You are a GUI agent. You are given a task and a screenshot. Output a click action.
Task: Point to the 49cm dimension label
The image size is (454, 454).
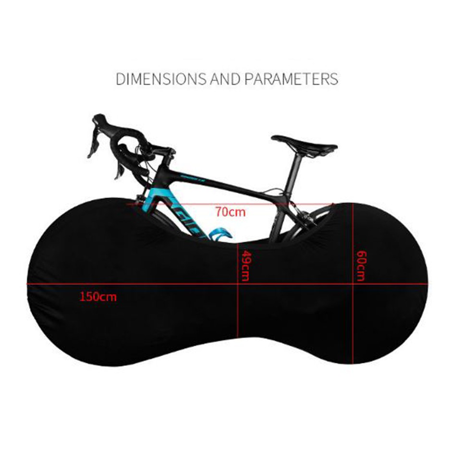245,266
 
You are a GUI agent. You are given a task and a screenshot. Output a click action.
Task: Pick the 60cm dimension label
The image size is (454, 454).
361,266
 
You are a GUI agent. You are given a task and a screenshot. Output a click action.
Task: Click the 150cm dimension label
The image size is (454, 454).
98,296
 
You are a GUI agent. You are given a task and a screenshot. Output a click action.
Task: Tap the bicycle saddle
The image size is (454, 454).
305,143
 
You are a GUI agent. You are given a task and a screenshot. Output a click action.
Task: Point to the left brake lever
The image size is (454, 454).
93,144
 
